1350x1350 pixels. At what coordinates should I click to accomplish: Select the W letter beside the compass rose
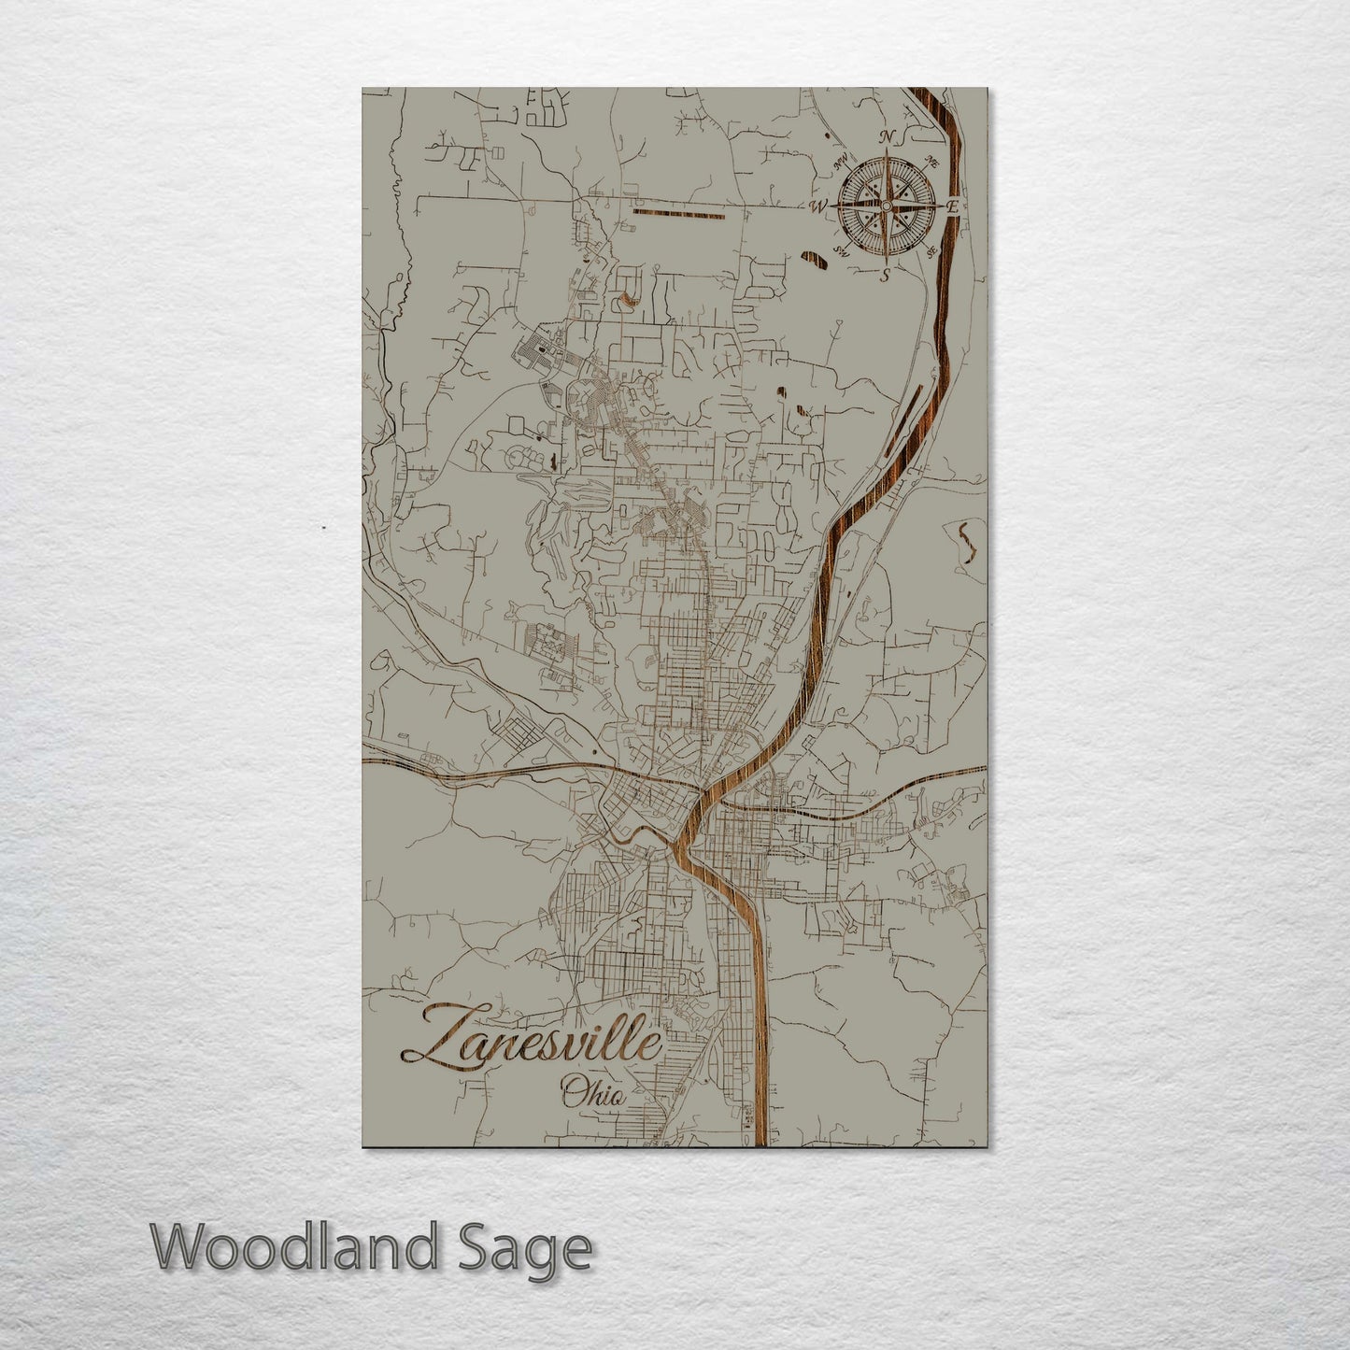tap(820, 206)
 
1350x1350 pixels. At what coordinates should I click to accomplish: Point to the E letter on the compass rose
tap(952, 206)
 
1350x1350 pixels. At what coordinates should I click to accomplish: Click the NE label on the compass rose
tap(931, 160)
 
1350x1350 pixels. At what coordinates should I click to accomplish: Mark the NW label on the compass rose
tap(841, 159)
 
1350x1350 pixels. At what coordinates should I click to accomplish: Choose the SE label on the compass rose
tap(931, 250)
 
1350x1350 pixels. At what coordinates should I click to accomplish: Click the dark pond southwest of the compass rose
tap(814, 260)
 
